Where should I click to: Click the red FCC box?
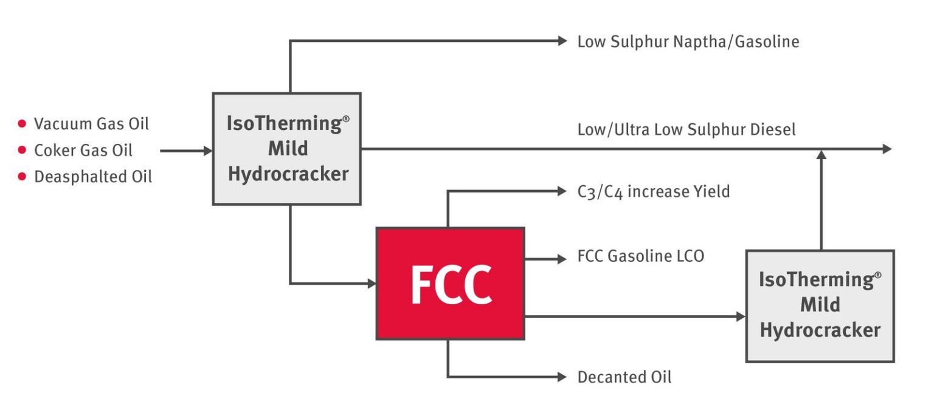point(450,284)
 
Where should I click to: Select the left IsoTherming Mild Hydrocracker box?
point(287,149)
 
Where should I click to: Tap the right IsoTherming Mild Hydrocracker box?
point(820,305)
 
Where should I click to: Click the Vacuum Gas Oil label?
point(91,124)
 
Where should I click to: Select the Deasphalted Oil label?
point(92,177)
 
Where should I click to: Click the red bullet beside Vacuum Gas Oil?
point(22,124)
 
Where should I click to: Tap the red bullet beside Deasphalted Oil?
point(22,177)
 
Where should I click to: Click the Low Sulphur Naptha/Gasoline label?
point(688,41)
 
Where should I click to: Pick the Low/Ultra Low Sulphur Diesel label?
point(686,129)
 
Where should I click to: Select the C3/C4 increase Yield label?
point(653,192)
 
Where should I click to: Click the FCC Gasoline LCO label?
point(640,256)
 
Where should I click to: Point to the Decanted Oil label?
point(624,377)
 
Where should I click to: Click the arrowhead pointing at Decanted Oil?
point(562,377)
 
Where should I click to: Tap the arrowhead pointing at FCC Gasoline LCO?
point(562,259)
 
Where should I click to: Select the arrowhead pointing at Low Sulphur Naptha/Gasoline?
point(562,41)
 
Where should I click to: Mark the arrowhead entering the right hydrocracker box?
point(741,316)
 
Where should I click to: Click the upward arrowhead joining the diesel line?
point(822,155)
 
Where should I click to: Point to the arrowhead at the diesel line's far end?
point(887,149)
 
